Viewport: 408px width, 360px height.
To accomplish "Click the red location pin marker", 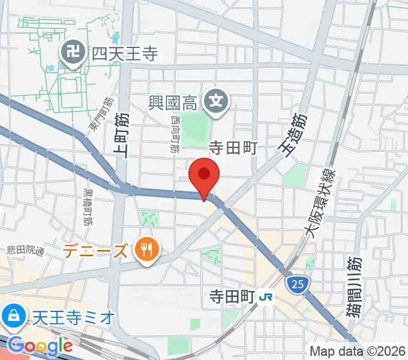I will (204, 175).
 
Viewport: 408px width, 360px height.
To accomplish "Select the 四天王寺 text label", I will (124, 55).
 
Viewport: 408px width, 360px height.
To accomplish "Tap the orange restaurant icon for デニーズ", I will (145, 247).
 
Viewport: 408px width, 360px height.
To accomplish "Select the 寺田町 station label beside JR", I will (233, 296).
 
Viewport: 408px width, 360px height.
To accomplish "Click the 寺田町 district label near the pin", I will (232, 147).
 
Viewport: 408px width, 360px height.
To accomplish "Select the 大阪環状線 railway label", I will (321, 205).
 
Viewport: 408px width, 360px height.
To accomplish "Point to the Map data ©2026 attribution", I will (358, 351).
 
